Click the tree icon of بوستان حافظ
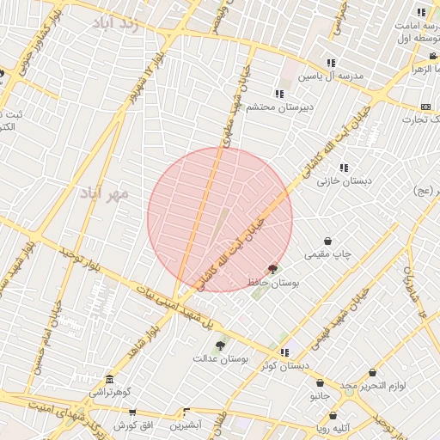pos(274,268)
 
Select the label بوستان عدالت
pos(221,358)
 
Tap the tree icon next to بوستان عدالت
pos(221,345)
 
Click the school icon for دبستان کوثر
pos(284,351)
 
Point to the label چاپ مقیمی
pos(329,256)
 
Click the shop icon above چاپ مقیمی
pos(327,242)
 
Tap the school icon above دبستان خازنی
pos(344,168)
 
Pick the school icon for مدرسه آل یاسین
pos(331,63)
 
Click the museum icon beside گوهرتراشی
pos(109,380)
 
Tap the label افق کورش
pos(133,425)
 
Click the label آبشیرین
pos(185,425)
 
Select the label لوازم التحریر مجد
pos(370,387)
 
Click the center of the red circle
pos(220,219)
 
